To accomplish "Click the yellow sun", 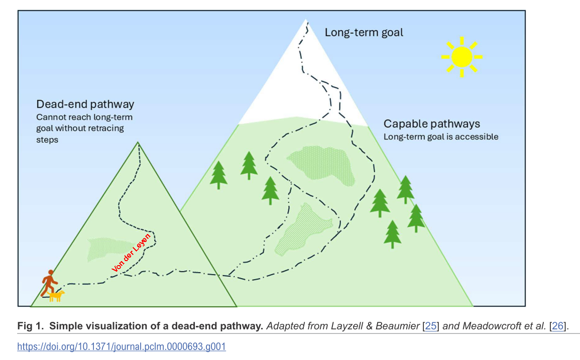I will coord(461,57).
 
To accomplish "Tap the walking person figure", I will coord(49,282).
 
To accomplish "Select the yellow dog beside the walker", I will coord(57,296).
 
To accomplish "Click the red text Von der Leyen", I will coord(131,253).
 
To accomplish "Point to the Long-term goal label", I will coord(364,33).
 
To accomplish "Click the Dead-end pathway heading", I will coord(85,104).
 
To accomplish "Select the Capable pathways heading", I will coord(432,124).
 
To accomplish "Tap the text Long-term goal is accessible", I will coord(441,136).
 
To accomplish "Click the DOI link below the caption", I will coord(122,346).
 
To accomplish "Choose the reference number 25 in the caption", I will coord(430,326).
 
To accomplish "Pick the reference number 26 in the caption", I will coord(557,326).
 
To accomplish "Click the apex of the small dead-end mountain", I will coord(138,144).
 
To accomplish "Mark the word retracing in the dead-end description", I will coord(106,128).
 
